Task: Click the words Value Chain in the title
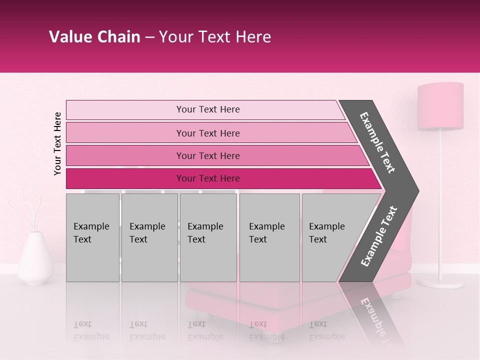point(95,37)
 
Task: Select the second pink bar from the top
point(207,133)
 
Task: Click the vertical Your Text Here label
point(57,143)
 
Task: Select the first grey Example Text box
point(92,237)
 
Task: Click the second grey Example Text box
point(149,237)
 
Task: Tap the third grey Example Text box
point(208,237)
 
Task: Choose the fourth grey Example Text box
point(269,237)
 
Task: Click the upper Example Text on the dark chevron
point(377,142)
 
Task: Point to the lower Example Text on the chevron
point(379,236)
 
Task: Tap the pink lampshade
point(440,106)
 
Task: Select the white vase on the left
point(35,259)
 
